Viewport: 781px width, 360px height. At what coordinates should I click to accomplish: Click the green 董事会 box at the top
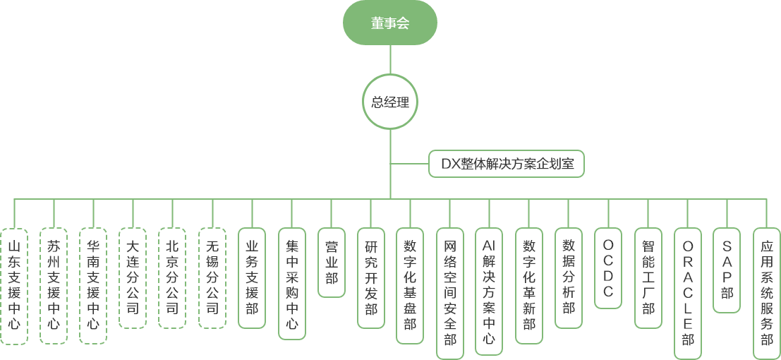390,23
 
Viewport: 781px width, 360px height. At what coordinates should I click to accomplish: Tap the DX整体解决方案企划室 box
507,164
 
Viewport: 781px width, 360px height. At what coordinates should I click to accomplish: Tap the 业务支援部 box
252,277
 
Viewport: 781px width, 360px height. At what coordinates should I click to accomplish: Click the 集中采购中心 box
291,285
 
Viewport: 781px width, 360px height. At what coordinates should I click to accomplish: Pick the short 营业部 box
331,262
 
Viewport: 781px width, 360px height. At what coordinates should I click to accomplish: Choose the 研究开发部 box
370,277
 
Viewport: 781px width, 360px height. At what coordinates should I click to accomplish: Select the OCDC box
608,268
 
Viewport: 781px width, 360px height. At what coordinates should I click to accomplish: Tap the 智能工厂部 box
648,277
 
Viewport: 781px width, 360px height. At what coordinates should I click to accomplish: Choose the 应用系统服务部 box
766,292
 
